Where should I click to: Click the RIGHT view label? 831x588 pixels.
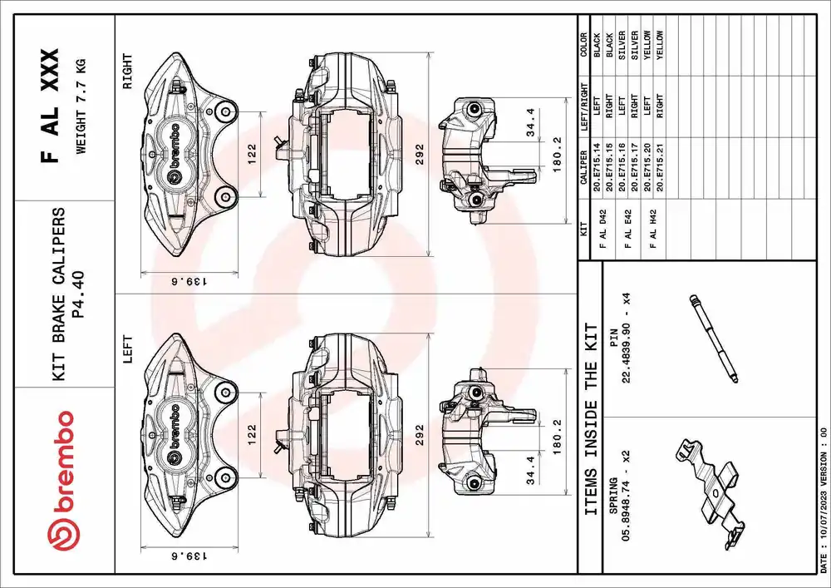[127, 72]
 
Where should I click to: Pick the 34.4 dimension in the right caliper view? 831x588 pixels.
[531, 122]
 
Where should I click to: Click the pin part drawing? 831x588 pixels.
[713, 338]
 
